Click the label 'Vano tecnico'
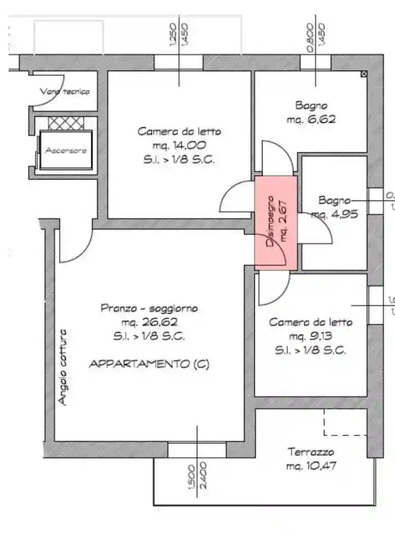pyautogui.click(x=65, y=91)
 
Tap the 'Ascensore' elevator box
pyautogui.click(x=66, y=150)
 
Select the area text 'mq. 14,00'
pyautogui.click(x=179, y=145)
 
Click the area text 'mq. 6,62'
pyautogui.click(x=311, y=120)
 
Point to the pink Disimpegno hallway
pyautogui.click(x=276, y=221)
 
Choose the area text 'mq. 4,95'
pyautogui.click(x=335, y=214)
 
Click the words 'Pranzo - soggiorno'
pyautogui.click(x=149, y=308)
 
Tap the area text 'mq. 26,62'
pyautogui.click(x=149, y=322)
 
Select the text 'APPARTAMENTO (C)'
pyautogui.click(x=149, y=364)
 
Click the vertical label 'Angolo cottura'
pyautogui.click(x=62, y=367)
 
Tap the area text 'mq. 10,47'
pyautogui.click(x=311, y=465)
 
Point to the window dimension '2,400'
pyautogui.click(x=203, y=475)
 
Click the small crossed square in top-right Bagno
pyautogui.click(x=364, y=74)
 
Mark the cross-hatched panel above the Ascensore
pyautogui.click(x=65, y=122)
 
